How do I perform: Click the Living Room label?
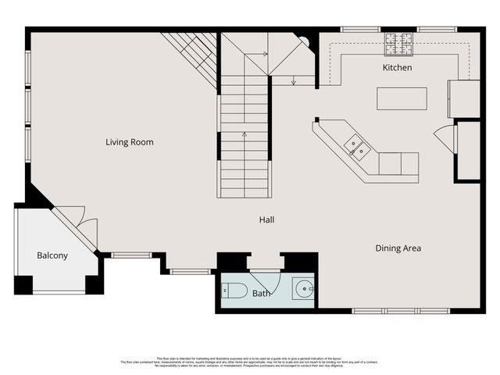(130, 142)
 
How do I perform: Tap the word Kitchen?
(397, 68)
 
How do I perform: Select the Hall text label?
(266, 220)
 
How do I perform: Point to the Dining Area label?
(398, 248)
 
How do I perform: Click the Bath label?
(261, 293)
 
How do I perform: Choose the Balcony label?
(52, 255)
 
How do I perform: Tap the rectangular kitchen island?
(402, 99)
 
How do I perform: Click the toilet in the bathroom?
(235, 291)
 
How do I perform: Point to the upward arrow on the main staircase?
(245, 134)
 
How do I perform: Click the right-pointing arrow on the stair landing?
(266, 54)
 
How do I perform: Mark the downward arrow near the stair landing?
(292, 80)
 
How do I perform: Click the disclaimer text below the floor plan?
(249, 362)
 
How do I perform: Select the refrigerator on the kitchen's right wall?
(462, 98)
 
